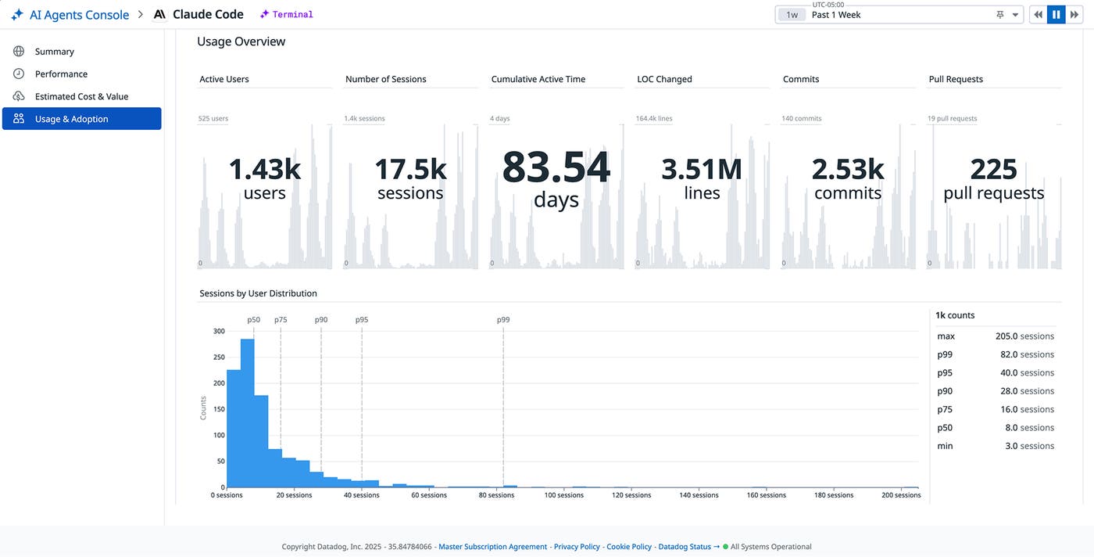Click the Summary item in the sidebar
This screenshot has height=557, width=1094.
[54, 52]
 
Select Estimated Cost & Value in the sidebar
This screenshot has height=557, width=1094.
[81, 96]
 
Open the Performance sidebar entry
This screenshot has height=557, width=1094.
[61, 74]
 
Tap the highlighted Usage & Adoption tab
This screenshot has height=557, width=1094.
[81, 119]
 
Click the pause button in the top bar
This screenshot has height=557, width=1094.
[1056, 15]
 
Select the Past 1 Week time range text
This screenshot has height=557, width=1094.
[836, 15]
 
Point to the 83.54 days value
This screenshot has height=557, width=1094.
[556, 167]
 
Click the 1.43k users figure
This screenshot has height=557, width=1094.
[264, 170]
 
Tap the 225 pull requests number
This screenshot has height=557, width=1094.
[993, 170]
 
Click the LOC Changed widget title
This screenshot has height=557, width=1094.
[664, 79]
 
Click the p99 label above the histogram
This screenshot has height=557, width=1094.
[503, 319]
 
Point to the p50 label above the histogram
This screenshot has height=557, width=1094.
[253, 319]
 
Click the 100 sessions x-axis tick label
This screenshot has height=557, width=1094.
[564, 495]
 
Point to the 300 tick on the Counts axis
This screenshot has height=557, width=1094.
[219, 331]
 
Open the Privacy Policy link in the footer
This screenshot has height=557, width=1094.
[577, 547]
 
